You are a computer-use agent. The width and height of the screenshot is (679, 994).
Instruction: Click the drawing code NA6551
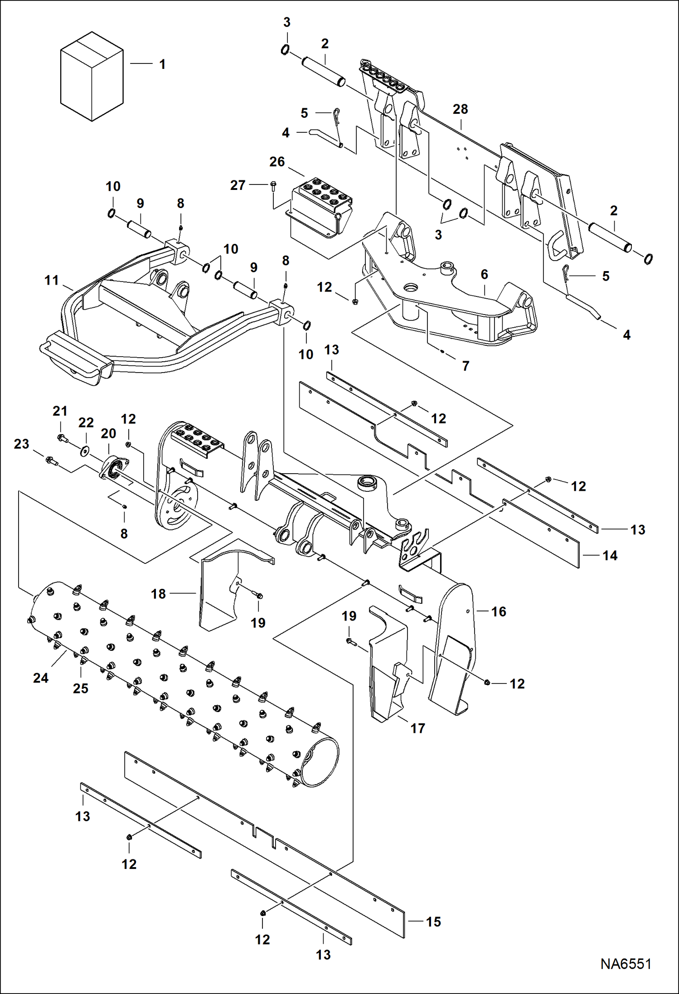tap(626, 964)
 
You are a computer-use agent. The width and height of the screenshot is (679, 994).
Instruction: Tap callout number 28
tap(460, 109)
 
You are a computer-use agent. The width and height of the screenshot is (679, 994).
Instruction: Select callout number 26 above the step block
tap(277, 162)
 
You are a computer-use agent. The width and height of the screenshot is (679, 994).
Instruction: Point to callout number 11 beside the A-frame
tap(52, 281)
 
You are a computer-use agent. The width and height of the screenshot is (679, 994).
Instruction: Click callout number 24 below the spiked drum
tap(40, 678)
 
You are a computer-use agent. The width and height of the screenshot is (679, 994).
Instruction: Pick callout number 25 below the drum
tap(80, 689)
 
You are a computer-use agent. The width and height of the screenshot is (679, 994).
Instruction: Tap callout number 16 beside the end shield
tap(499, 612)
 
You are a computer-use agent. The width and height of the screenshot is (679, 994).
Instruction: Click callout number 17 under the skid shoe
tap(417, 728)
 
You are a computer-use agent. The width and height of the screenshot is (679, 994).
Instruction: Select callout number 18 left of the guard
tap(158, 594)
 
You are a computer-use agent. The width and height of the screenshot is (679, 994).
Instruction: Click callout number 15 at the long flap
tap(433, 922)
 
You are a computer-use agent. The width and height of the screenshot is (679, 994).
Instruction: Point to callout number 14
tap(610, 556)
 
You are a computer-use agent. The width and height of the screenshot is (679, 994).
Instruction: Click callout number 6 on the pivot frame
tap(484, 274)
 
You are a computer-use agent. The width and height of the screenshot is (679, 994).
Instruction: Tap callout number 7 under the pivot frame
tap(466, 366)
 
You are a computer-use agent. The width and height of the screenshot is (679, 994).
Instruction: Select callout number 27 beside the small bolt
tap(238, 185)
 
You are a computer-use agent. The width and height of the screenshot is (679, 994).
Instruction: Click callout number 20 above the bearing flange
tap(108, 433)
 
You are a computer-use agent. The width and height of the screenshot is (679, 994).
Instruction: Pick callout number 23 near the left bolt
tap(21, 444)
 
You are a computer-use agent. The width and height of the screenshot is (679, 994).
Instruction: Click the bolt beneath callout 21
tap(62, 438)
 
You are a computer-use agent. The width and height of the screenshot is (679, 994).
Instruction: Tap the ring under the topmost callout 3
tap(285, 50)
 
